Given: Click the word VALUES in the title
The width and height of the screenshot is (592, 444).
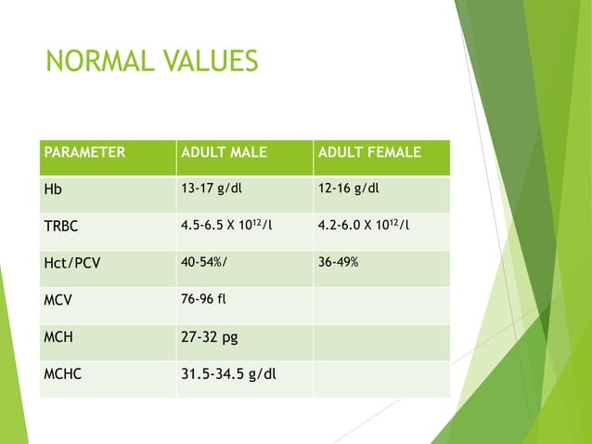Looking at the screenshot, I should (x=207, y=62).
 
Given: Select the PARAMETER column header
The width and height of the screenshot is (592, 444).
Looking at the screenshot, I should (x=84, y=152).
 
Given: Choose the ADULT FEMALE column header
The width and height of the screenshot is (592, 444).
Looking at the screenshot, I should (x=368, y=152).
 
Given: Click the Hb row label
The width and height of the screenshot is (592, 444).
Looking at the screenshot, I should (x=54, y=189).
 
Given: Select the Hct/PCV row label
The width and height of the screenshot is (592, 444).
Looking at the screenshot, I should (x=72, y=263).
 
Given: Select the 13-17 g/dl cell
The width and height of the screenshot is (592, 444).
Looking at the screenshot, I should (x=213, y=189).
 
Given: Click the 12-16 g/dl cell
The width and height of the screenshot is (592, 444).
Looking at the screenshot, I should (x=349, y=189).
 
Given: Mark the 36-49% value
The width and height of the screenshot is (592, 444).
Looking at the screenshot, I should (x=338, y=263).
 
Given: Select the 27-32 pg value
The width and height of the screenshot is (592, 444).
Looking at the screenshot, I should (x=209, y=336).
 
